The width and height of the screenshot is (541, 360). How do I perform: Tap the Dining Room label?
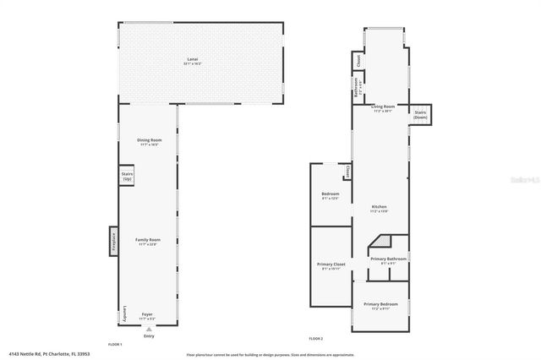149,141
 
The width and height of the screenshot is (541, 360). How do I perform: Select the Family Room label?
149,241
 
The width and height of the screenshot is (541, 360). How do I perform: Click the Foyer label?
148,315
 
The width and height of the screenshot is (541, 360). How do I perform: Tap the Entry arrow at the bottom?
149,331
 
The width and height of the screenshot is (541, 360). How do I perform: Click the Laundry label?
124,313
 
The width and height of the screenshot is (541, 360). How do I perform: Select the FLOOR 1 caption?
115,344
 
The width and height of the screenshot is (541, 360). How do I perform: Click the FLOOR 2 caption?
315,338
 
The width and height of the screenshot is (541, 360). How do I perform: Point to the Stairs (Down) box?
420,114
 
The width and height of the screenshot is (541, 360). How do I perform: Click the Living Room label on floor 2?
382,108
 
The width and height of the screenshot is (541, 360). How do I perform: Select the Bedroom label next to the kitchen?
331,196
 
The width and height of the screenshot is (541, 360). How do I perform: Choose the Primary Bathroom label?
389,260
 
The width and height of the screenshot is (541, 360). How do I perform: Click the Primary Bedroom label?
380,305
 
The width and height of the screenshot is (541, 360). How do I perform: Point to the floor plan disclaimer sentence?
270,354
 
